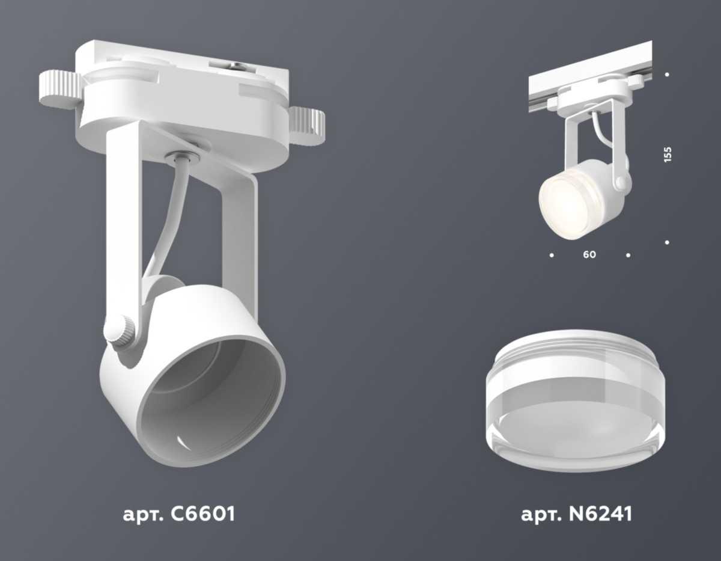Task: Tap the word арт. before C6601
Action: (144, 515)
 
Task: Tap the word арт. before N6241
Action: (542, 515)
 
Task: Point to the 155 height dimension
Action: (668, 154)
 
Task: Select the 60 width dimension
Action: (589, 255)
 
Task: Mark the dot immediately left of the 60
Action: (552, 255)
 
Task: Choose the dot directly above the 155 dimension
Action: (668, 75)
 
